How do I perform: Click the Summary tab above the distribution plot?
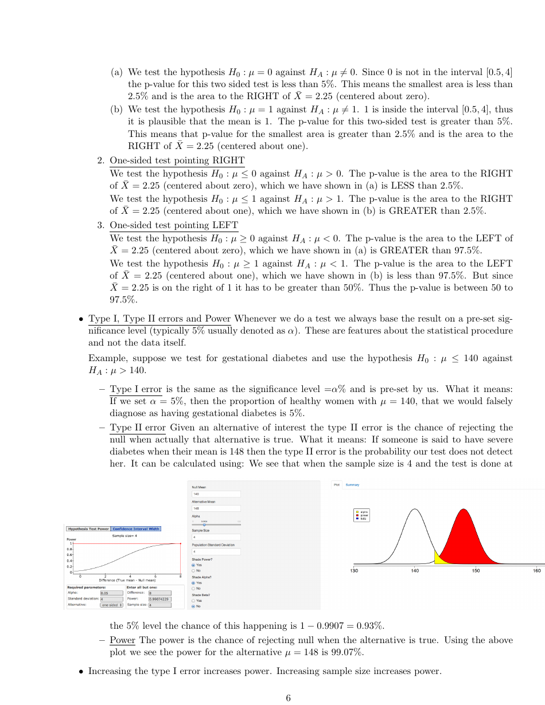[x=352, y=485]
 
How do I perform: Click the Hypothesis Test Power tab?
[x=88, y=528]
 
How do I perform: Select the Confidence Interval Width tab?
[x=136, y=528]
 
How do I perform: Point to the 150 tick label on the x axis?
[x=476, y=571]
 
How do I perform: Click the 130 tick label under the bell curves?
[x=355, y=571]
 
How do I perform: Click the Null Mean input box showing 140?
[x=216, y=493]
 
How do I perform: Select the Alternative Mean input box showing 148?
[x=216, y=508]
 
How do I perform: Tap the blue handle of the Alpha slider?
[x=205, y=524]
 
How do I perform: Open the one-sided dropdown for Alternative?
[x=112, y=604]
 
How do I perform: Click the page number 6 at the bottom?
[x=288, y=698]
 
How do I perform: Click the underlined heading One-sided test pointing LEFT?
[x=174, y=225]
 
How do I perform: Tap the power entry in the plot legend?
[x=363, y=515]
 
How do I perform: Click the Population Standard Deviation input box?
[x=216, y=551]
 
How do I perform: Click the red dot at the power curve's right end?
[x=180, y=543]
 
